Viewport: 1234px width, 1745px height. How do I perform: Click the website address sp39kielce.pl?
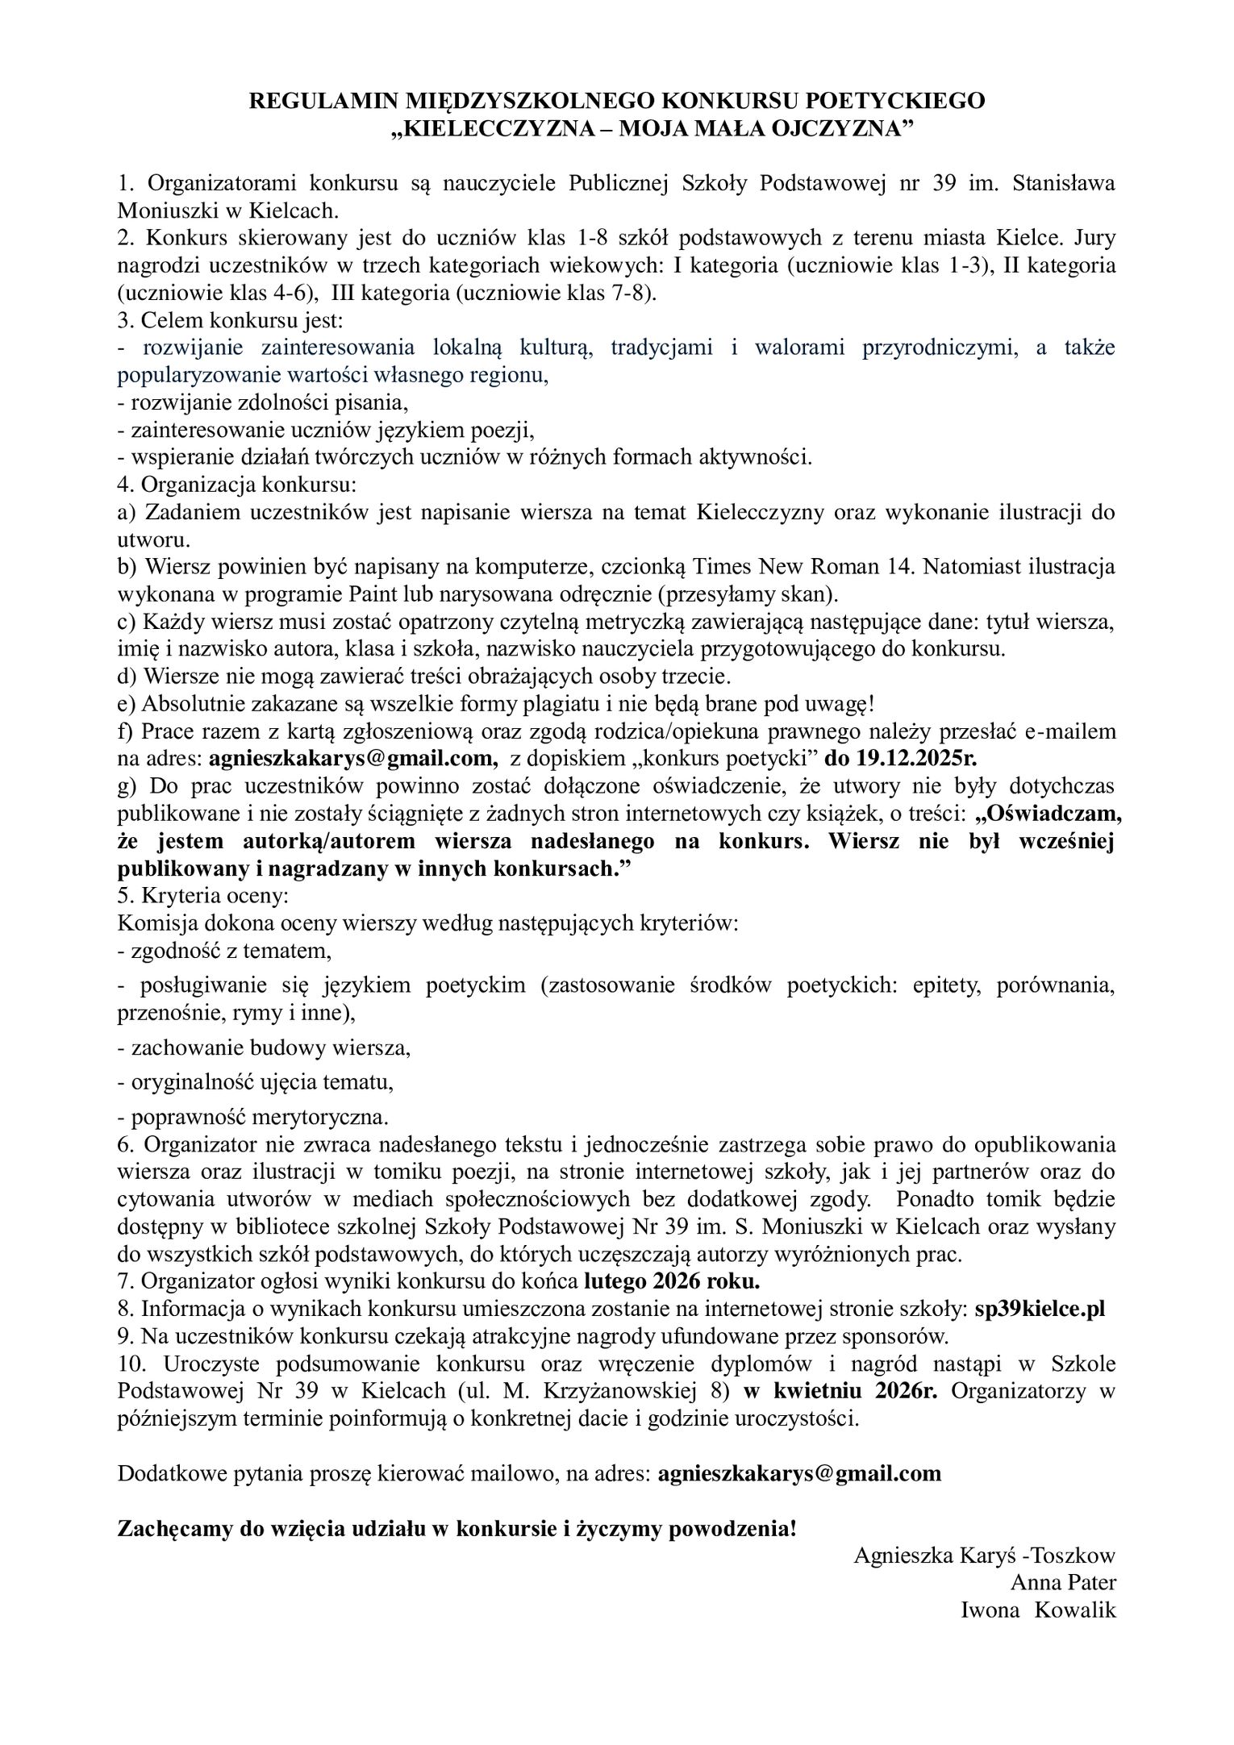tap(1040, 1309)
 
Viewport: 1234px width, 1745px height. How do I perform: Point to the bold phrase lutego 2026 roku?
tap(672, 1281)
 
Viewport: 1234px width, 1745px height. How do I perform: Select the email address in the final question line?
tap(799, 1473)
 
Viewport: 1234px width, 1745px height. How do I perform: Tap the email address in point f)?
tap(351, 758)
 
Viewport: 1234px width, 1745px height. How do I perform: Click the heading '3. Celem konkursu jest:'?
tap(231, 320)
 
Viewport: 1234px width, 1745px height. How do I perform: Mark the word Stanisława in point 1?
tap(1064, 183)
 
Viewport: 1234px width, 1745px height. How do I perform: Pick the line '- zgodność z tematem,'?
tap(225, 951)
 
